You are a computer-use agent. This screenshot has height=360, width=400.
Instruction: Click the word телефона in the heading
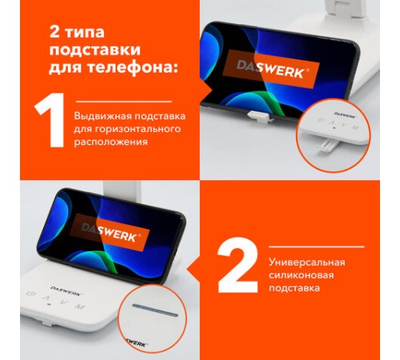point(131,67)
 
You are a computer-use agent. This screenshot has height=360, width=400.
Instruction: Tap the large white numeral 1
point(50,120)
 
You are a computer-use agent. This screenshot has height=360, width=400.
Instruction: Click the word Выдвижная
point(103,117)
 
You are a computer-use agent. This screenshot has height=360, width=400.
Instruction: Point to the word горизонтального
point(138,129)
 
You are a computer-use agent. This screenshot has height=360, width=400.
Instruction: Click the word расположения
point(110,142)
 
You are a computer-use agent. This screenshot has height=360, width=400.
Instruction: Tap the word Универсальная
point(307,262)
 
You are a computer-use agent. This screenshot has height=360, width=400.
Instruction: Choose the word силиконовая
point(301,275)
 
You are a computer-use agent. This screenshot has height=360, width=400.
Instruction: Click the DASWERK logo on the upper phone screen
point(271,69)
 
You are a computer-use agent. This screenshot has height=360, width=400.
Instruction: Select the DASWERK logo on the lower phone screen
point(110,233)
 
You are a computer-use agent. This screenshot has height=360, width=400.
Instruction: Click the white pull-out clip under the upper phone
point(258,116)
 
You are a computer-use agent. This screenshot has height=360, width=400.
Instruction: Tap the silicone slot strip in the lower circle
point(155,310)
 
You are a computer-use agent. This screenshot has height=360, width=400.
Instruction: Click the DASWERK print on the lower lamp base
point(66,290)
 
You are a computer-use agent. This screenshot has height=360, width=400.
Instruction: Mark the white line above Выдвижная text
point(124,102)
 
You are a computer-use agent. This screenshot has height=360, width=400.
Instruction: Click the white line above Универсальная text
point(317,247)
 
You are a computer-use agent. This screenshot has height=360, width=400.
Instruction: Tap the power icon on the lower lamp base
point(31,294)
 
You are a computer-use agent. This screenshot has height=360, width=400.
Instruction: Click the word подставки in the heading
point(94,50)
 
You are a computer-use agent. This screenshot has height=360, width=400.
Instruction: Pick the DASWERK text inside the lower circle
point(136,343)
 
